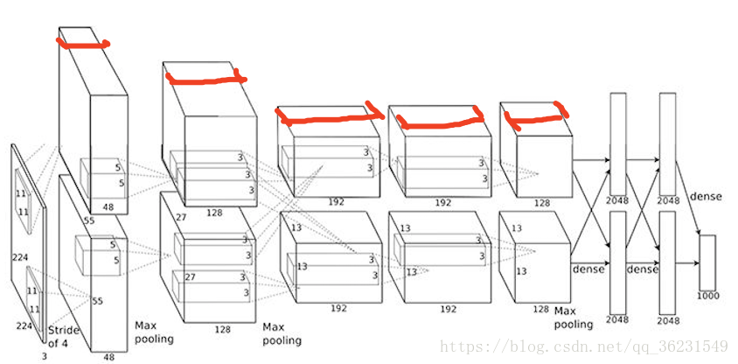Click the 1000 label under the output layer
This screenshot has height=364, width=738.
tap(708, 296)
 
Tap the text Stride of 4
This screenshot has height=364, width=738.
tap(64, 336)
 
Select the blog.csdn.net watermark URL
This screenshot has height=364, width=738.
tap(583, 347)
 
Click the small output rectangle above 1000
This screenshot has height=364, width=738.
tap(707, 262)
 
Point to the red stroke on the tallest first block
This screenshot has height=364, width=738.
tap(83, 44)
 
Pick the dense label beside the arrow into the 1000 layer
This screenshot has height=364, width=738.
tap(706, 196)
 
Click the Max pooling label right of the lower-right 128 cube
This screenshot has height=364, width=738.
tap(573, 318)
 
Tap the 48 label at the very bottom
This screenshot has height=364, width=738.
tap(108, 357)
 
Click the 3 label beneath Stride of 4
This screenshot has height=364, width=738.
tap(45, 356)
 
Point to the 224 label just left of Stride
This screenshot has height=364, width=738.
tap(24, 325)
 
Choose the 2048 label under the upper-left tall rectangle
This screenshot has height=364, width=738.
tap(617, 200)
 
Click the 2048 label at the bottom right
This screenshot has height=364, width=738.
tap(669, 320)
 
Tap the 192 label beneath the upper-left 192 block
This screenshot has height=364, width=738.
tap(336, 202)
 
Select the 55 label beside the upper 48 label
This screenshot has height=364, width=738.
tap(89, 220)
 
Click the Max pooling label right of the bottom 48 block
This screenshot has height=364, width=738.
tap(154, 332)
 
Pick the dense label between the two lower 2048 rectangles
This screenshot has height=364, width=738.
tap(643, 269)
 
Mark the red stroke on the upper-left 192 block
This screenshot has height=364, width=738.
tap(330, 115)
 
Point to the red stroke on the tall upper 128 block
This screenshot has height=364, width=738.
tap(206, 78)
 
